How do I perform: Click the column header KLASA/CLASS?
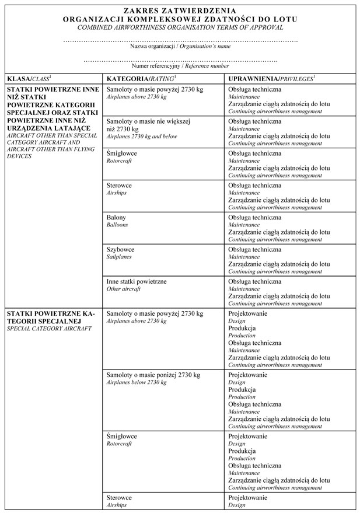tap(29, 78)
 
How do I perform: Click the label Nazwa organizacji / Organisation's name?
tap(180, 46)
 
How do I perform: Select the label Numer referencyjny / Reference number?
tap(180, 66)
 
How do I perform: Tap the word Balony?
tap(116, 217)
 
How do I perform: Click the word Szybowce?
tap(120, 249)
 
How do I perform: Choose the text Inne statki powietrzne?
tap(137, 281)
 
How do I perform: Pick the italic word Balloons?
tap(117, 224)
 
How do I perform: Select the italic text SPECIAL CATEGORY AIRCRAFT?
tap(49, 329)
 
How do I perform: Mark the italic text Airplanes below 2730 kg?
tap(136, 382)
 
